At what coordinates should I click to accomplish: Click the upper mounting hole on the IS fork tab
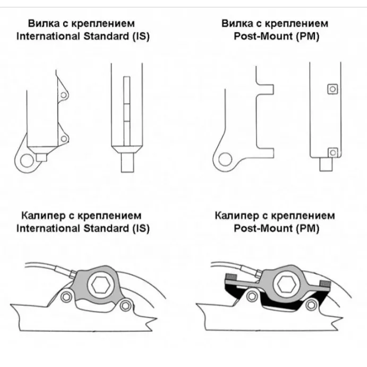click(64, 96)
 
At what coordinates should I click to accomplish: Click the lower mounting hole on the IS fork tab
click(64, 139)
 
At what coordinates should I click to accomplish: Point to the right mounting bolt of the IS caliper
click(125, 306)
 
